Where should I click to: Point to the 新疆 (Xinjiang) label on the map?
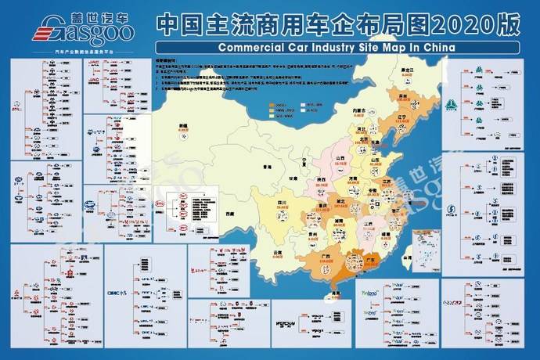(183, 125)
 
